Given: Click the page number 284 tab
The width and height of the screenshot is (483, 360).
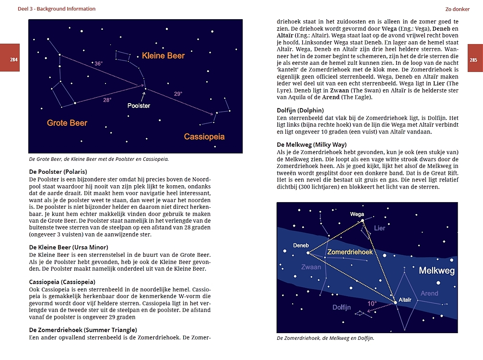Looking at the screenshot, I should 13,60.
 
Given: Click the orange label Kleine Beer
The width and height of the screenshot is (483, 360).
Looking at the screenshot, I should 163,56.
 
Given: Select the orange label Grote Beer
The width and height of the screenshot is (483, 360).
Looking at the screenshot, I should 67,123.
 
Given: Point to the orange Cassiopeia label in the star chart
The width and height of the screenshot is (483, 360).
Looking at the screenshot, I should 204,137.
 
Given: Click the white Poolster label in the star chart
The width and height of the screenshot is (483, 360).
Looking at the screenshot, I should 139,106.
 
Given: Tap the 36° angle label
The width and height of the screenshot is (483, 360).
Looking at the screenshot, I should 98,63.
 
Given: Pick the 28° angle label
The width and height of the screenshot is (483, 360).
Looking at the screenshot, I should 107,100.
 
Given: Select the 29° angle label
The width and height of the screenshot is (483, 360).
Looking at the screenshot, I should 178,94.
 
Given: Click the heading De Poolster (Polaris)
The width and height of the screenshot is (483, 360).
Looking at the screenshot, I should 58,172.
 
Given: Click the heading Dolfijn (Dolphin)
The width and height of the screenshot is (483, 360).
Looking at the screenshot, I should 300,110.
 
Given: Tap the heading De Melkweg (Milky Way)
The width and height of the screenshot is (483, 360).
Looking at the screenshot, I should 312,144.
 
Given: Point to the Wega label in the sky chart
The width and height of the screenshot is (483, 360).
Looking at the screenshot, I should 357,214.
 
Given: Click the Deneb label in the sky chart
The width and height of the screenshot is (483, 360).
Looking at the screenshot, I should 301,245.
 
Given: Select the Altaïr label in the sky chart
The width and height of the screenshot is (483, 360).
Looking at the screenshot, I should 405,300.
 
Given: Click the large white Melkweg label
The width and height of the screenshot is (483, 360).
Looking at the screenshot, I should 436,271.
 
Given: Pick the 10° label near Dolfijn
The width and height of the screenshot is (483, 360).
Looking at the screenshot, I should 372,303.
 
